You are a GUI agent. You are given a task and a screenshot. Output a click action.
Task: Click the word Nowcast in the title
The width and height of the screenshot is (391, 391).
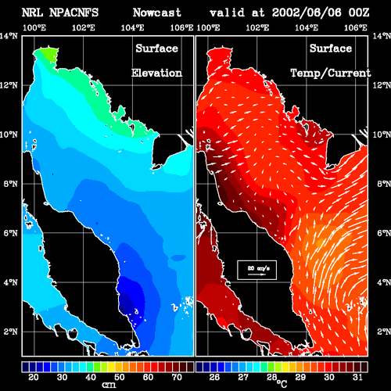click(157, 13)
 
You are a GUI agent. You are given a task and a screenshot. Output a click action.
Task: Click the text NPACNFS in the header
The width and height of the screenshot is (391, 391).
click(74, 13)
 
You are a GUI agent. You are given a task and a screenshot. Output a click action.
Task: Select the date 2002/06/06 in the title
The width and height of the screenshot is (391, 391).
click(307, 13)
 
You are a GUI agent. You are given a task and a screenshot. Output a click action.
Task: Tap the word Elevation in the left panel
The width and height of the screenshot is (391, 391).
click(156, 73)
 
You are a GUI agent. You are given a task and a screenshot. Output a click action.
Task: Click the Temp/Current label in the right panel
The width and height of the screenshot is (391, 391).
click(331, 74)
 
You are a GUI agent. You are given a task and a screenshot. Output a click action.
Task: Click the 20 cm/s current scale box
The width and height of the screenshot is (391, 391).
click(256, 270)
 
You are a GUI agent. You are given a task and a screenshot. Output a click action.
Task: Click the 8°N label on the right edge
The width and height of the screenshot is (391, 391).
click(384, 184)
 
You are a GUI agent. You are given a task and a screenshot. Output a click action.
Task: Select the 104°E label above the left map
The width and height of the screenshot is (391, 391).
click(132, 27)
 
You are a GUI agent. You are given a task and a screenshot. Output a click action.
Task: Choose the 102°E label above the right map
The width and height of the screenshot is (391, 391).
click(257, 27)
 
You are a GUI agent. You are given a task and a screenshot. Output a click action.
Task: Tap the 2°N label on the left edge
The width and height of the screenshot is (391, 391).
click(11, 332)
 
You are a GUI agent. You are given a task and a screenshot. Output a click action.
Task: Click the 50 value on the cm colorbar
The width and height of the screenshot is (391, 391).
click(120, 377)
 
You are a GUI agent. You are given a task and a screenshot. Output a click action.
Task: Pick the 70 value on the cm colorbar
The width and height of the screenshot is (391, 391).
click(177, 377)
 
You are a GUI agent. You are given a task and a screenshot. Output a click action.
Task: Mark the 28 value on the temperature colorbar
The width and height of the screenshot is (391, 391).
click(271, 377)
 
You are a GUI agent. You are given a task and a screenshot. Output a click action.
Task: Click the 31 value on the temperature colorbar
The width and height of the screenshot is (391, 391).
click(357, 377)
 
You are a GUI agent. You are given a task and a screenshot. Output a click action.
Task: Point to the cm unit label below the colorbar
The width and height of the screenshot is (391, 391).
click(109, 385)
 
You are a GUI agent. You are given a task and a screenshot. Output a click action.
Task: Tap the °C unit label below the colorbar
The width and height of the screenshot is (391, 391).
click(282, 384)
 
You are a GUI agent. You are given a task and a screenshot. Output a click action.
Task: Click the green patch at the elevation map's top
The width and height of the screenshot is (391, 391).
click(48, 55)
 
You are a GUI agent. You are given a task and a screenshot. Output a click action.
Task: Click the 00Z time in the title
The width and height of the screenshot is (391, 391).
click(359, 13)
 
